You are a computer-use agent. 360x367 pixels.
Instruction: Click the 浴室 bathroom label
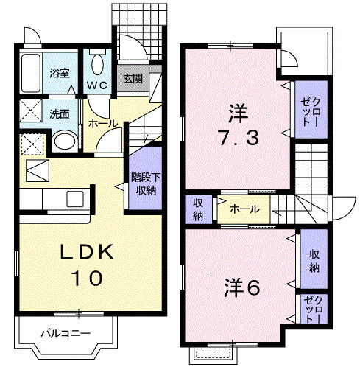pos(59,73)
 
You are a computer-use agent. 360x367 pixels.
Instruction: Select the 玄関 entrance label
pos(133,78)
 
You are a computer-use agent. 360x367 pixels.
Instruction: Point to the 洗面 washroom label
pos(60,114)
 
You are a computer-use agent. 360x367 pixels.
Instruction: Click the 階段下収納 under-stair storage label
pos(143,183)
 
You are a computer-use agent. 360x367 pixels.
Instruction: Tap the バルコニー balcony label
pos(66,333)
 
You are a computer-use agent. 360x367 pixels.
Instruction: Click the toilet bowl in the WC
pos(99,63)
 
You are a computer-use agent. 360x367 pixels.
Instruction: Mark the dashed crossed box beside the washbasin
pos(32,142)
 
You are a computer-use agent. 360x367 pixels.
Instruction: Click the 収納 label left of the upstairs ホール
pos(199,209)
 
